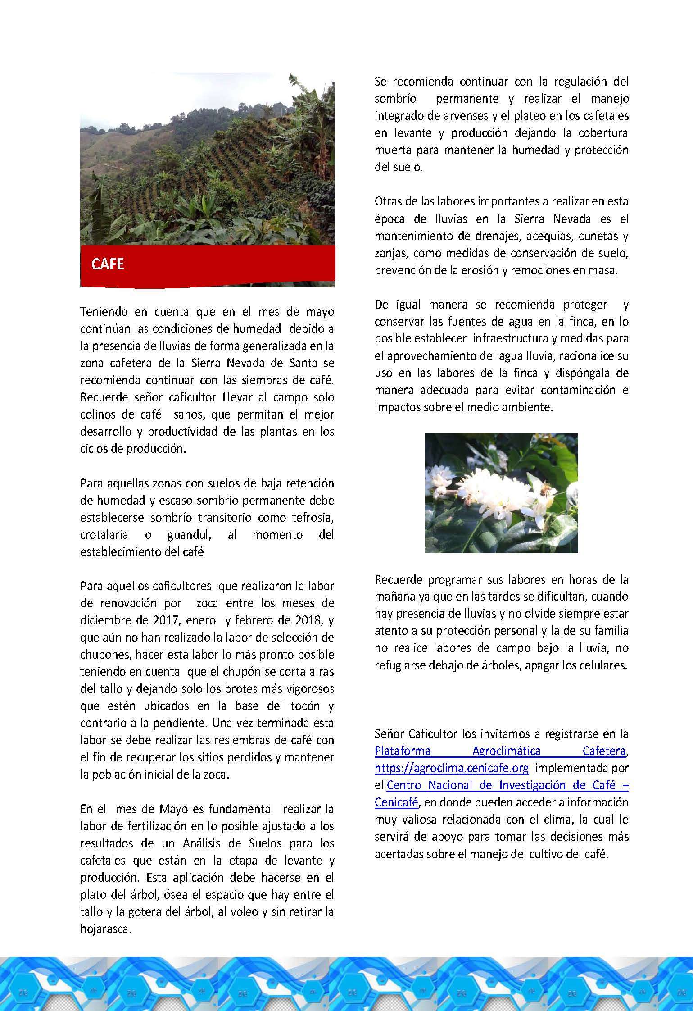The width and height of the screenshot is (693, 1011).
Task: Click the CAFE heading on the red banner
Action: (107, 264)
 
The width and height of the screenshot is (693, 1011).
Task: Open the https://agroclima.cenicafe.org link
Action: (452, 768)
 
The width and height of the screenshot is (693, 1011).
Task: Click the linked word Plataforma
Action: (402, 751)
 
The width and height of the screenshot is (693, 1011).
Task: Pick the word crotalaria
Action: (104, 535)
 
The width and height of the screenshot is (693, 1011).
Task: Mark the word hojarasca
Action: (105, 929)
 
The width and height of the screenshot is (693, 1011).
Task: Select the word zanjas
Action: (392, 253)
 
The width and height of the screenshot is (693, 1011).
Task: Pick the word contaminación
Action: (578, 390)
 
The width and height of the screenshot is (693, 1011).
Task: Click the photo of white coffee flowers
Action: (501, 493)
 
